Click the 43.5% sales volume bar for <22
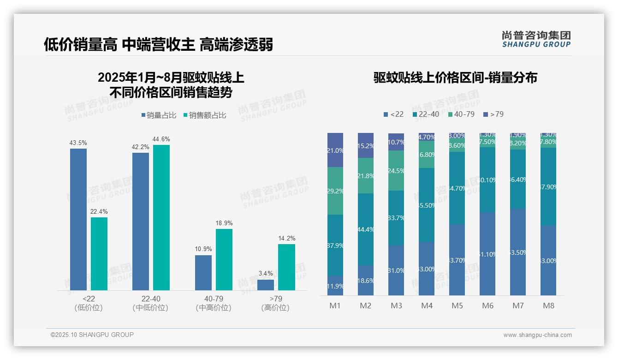pyautogui.click(x=78, y=219)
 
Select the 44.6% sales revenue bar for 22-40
pyautogui.click(x=161, y=217)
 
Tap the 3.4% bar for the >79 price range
pyautogui.click(x=266, y=285)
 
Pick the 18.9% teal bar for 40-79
pyautogui.click(x=224, y=259)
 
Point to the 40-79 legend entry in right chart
pyautogui.click(x=461, y=114)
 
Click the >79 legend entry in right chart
pyautogui.click(x=493, y=114)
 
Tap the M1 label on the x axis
pyautogui.click(x=335, y=306)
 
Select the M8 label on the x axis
pyautogui.click(x=548, y=306)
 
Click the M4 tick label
pyautogui.click(x=427, y=306)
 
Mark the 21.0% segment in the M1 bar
pyautogui.click(x=335, y=150)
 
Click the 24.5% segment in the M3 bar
pyautogui.click(x=396, y=170)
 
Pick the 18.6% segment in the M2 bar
pyautogui.click(x=366, y=280)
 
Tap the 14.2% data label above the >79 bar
pyautogui.click(x=286, y=238)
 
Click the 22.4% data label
pyautogui.click(x=99, y=211)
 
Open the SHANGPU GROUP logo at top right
pyautogui.click(x=536, y=39)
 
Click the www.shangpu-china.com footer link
pyautogui.click(x=537, y=335)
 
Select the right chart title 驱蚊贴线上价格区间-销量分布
pyautogui.click(x=455, y=78)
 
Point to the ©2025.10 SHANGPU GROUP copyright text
pyautogui.click(x=92, y=335)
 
